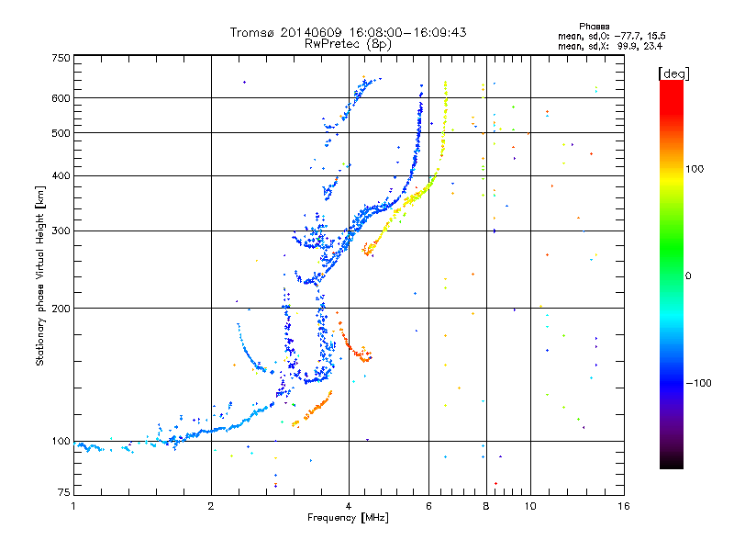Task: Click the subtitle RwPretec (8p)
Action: pyautogui.click(x=348, y=44)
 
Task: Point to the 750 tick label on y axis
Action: pyautogui.click(x=61, y=58)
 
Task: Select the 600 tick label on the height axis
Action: pyautogui.click(x=61, y=98)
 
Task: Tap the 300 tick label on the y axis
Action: pyautogui.click(x=61, y=231)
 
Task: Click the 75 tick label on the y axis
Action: pyautogui.click(x=64, y=492)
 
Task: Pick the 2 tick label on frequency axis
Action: pyautogui.click(x=211, y=506)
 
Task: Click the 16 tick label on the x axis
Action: pyautogui.click(x=624, y=506)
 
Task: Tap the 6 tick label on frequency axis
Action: pyautogui.click(x=428, y=506)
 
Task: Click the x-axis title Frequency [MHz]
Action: pyautogui.click(x=348, y=518)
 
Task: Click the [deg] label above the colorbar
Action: pyautogui.click(x=673, y=73)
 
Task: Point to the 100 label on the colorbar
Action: pyautogui.click(x=695, y=169)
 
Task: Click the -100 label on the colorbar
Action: pyautogui.click(x=698, y=383)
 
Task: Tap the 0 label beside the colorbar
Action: pyautogui.click(x=688, y=276)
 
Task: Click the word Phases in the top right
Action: pyautogui.click(x=594, y=27)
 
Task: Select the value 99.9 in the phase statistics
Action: pyautogui.click(x=627, y=46)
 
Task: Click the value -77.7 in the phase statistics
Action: pyautogui.click(x=628, y=36)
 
